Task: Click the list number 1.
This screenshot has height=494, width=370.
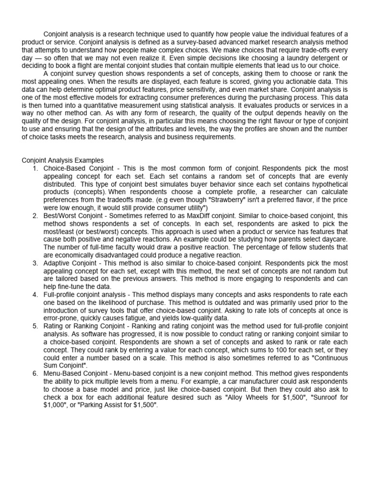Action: click(x=35, y=168)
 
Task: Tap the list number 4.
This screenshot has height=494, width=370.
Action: click(x=35, y=294)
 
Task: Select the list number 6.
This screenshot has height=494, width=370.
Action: click(x=35, y=373)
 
